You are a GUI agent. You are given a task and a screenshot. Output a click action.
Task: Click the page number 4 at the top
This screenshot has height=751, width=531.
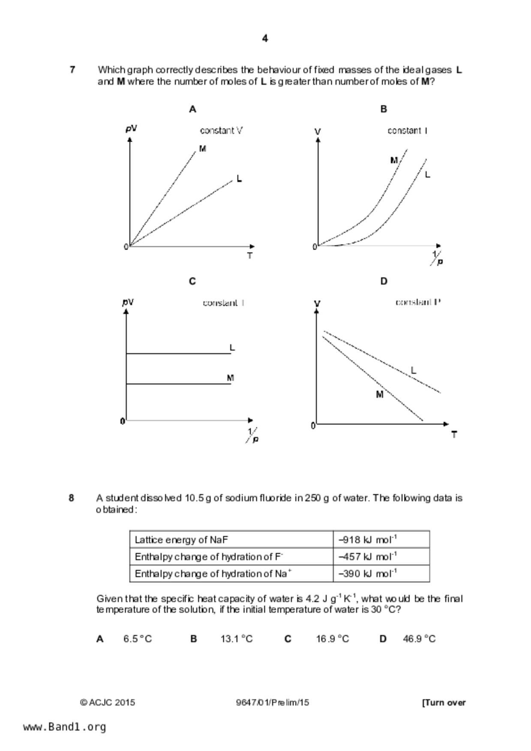click(265, 39)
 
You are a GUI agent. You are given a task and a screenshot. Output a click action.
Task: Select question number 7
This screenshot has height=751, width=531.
click(72, 69)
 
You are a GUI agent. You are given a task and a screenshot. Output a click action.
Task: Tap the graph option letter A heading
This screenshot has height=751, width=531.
click(192, 109)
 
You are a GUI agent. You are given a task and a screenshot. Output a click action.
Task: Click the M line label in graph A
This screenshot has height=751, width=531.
click(203, 149)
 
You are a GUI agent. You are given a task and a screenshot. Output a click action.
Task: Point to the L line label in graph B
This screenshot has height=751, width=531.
click(427, 175)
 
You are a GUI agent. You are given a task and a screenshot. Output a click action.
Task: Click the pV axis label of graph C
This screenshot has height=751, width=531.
click(128, 302)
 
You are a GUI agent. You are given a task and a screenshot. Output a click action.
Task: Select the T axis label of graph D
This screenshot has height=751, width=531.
click(454, 435)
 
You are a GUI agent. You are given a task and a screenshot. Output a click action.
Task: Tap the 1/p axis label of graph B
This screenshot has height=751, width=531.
click(437, 258)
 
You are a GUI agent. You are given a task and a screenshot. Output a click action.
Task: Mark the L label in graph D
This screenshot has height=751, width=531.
click(414, 370)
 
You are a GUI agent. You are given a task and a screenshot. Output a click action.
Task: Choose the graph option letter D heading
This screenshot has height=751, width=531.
click(384, 281)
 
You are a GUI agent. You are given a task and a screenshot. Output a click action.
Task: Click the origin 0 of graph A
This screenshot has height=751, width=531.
click(126, 247)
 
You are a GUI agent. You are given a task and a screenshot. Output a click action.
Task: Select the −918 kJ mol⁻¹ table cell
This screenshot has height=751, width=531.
click(381, 539)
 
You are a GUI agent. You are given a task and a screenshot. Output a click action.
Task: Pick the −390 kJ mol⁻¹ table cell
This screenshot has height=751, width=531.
click(381, 574)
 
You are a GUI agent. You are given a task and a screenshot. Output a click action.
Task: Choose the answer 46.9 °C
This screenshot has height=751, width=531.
click(419, 639)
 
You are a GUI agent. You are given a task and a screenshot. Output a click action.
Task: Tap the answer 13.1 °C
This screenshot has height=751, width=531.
click(237, 639)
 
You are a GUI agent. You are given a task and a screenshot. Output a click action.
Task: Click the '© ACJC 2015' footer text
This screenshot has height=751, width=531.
click(107, 703)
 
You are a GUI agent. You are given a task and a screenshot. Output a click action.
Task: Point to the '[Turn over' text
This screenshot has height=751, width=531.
click(444, 703)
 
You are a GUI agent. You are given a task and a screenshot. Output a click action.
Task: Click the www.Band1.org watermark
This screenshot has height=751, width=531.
click(64, 727)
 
